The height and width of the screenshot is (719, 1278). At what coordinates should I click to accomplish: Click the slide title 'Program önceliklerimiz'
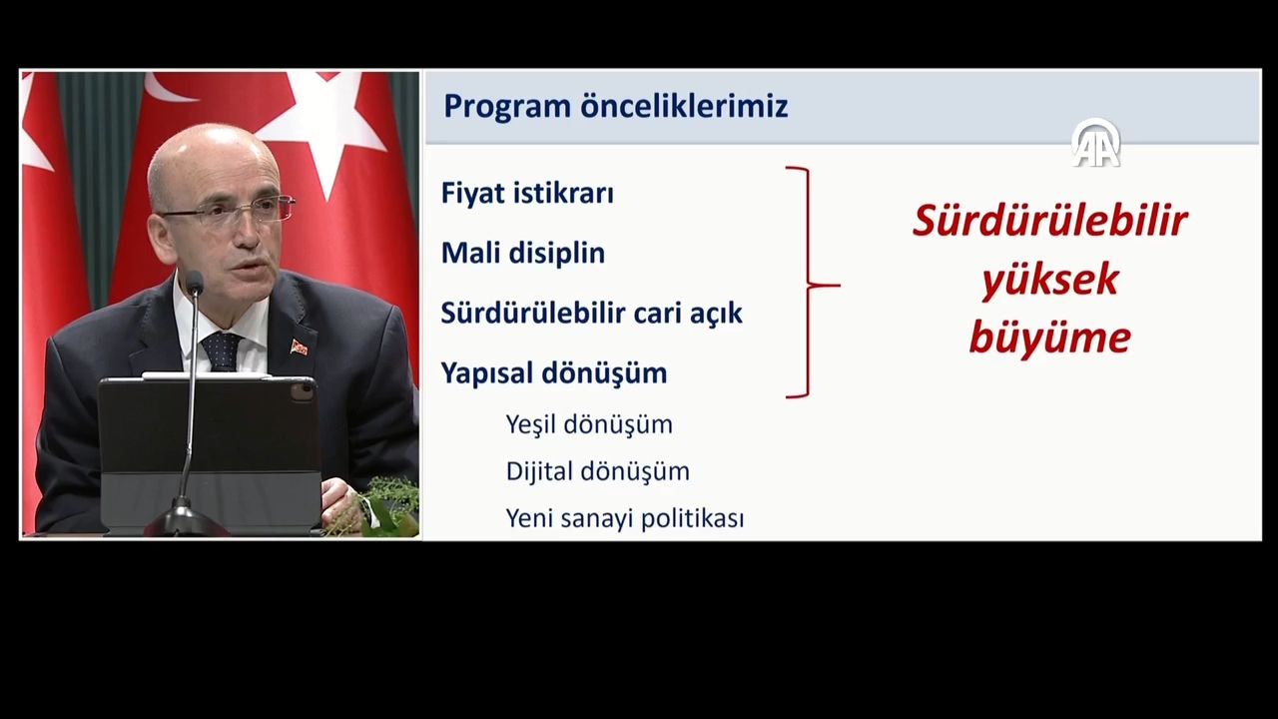tap(615, 106)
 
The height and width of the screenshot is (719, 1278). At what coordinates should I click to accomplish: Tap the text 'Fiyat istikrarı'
tap(527, 193)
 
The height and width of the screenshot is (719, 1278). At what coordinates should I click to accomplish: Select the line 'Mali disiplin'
tap(522, 253)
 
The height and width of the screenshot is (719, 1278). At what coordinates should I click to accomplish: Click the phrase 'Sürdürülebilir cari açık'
tap(591, 313)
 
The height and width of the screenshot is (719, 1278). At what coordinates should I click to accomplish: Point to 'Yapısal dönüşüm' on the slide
tap(553, 372)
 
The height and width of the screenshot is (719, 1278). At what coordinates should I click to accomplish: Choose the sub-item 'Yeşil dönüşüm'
tap(588, 424)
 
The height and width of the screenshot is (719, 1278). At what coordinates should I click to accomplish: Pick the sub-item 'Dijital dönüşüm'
tap(597, 471)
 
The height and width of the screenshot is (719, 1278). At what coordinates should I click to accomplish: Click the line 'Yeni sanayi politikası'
tap(624, 518)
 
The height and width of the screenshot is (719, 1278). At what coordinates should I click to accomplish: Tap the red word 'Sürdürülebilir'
tap(1049, 221)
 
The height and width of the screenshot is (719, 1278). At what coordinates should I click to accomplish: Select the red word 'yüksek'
tap(1049, 281)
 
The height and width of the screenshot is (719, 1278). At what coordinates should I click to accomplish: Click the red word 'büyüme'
tap(1049, 339)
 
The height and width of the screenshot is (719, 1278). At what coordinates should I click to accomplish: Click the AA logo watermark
tap(1096, 143)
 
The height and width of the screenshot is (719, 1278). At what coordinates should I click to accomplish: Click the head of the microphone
tap(194, 283)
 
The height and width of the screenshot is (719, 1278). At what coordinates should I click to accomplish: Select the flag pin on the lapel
tap(299, 347)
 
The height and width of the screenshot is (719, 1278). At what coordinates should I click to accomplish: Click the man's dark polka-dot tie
tap(221, 351)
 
